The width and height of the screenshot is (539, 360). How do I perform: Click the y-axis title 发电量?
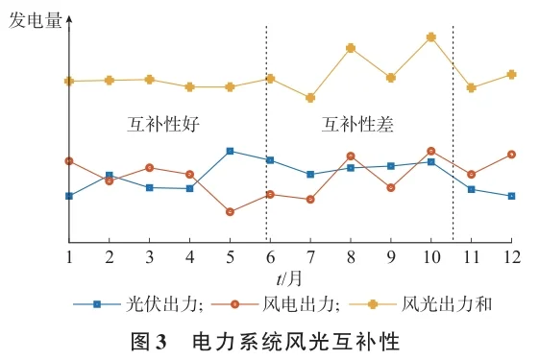(36, 20)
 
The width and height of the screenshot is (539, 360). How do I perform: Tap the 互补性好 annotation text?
(164, 124)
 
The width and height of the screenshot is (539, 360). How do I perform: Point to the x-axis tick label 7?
(310, 257)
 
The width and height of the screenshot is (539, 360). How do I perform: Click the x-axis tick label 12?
(511, 257)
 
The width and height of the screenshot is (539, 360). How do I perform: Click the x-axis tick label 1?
(69, 257)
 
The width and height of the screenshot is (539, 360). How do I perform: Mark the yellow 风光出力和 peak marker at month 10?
(431, 37)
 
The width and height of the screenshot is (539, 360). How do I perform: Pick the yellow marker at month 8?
(351, 48)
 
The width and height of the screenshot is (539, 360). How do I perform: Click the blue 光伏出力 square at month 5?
(230, 151)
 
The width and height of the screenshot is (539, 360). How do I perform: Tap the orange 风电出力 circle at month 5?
(230, 211)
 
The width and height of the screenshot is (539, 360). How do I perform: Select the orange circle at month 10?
(431, 151)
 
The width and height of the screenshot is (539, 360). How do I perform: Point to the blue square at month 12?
(511, 196)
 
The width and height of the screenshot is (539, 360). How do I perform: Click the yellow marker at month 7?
(310, 98)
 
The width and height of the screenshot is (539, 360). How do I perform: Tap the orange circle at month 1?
(69, 161)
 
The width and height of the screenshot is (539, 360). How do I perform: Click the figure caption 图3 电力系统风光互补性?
(269, 340)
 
